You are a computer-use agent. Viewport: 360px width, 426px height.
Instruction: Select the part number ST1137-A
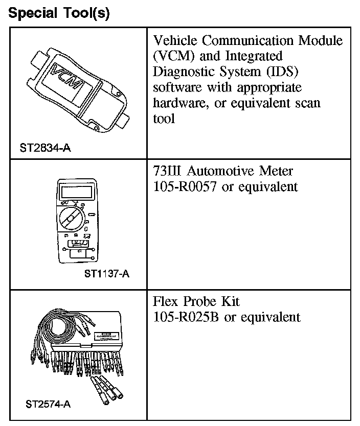click(106, 274)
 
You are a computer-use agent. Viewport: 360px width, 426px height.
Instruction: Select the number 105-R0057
click(186, 186)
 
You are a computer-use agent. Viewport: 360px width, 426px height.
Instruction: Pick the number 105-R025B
click(186, 317)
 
